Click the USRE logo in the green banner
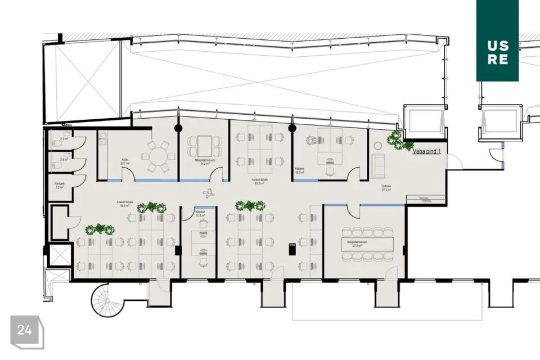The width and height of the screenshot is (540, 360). point(498,51)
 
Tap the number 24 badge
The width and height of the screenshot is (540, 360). point(25,330)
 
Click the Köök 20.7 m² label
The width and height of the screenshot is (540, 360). point(125,160)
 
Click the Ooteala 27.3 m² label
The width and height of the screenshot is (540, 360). point(386,188)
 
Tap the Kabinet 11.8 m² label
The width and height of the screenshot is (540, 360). point(200,214)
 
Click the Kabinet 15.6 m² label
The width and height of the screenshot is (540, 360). point(300,171)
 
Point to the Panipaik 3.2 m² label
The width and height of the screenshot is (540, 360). point(58,185)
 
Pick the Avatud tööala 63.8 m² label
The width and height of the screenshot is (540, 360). point(259,181)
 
